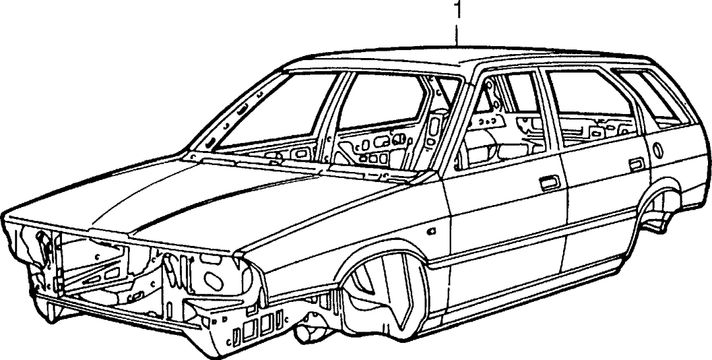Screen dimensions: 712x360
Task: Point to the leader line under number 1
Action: pos(458,33)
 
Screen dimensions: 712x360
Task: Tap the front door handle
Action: pos(550,183)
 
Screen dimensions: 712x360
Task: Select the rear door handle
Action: pos(637,164)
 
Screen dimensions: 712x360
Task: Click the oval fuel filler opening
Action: pos(657,150)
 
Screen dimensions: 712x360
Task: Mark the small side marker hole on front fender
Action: pos(432,231)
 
